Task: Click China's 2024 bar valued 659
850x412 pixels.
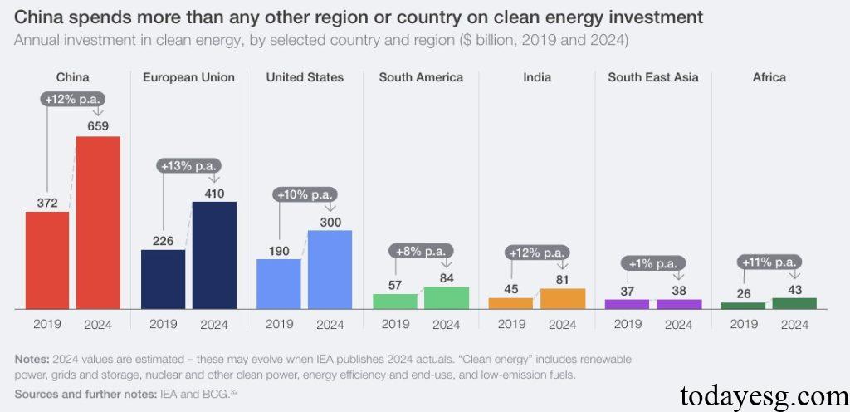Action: click(x=98, y=223)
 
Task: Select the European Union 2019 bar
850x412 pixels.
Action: click(x=163, y=279)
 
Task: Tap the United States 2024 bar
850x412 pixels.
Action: click(x=330, y=269)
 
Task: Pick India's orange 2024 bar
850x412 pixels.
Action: click(x=562, y=299)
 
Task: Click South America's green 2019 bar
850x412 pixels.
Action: click(x=395, y=302)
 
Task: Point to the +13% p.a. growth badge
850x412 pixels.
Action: click(x=188, y=165)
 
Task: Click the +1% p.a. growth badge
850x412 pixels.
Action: click(x=653, y=263)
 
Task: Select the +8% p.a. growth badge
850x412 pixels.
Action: click(x=421, y=251)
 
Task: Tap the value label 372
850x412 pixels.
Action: click(x=47, y=203)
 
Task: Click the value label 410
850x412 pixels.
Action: click(x=214, y=193)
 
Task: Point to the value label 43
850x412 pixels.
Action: click(x=795, y=288)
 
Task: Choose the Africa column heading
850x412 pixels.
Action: click(x=769, y=77)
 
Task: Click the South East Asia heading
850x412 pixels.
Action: click(x=652, y=77)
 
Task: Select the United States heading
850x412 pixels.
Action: click(x=305, y=77)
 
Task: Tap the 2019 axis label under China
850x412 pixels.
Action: click(x=47, y=325)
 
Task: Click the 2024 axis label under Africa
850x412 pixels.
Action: click(x=794, y=325)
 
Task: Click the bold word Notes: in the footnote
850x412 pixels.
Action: click(x=32, y=360)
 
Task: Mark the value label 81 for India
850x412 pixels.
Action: click(x=563, y=279)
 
